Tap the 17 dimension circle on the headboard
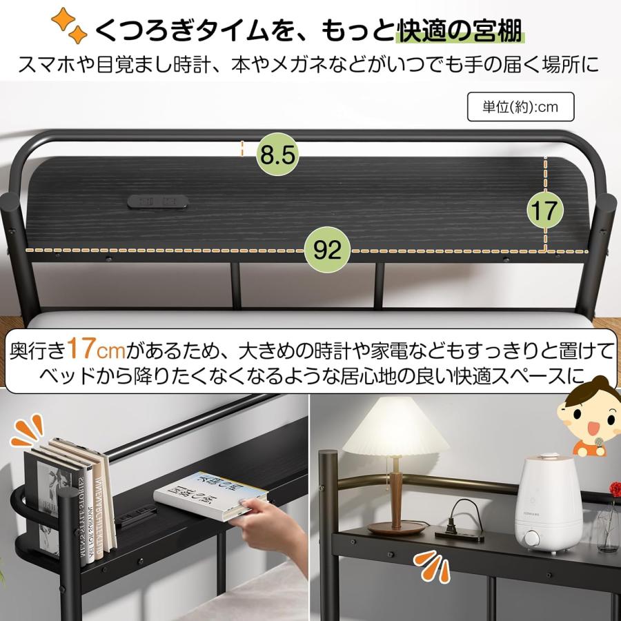pyautogui.click(x=545, y=210)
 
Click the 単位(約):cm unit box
pyautogui.click(x=520, y=107)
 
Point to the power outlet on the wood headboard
pyautogui.click(x=158, y=201)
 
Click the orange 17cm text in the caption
pyautogui.click(x=96, y=351)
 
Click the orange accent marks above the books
pyautogui.click(x=28, y=431)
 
